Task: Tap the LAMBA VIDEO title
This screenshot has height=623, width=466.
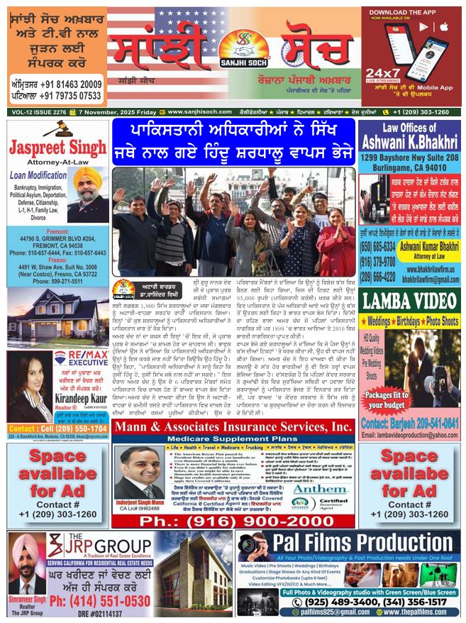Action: [410, 301]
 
